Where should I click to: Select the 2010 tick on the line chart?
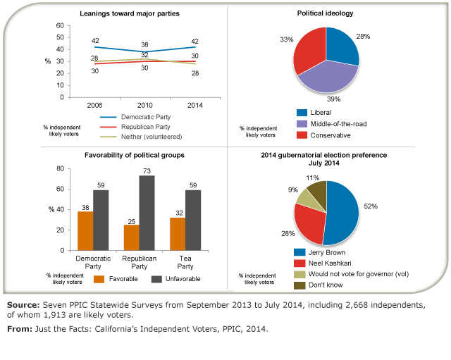tap(144, 105)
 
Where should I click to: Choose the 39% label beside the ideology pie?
tap(329, 100)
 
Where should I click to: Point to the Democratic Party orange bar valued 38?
tap(85, 230)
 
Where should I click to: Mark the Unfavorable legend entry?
tap(173, 278)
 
